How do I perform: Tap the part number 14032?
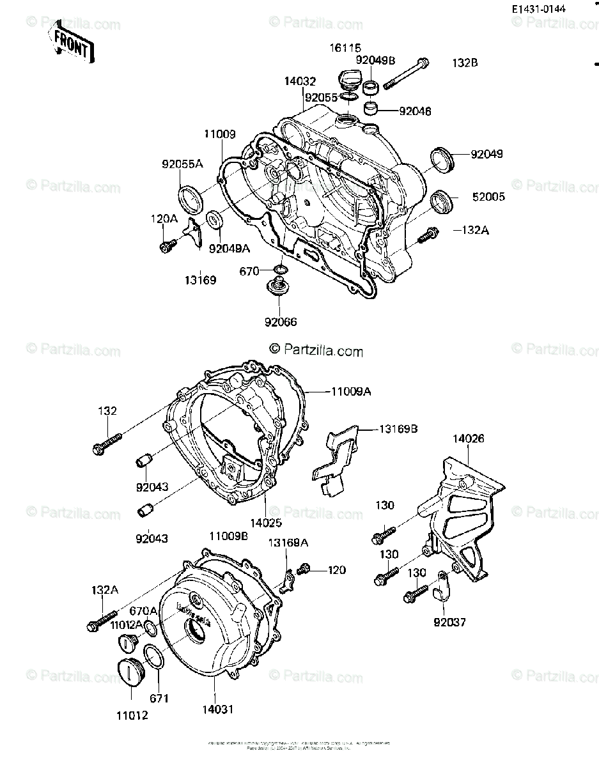(300, 81)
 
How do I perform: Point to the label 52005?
(488, 197)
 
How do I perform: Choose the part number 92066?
(282, 322)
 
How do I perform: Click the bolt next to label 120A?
(167, 244)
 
